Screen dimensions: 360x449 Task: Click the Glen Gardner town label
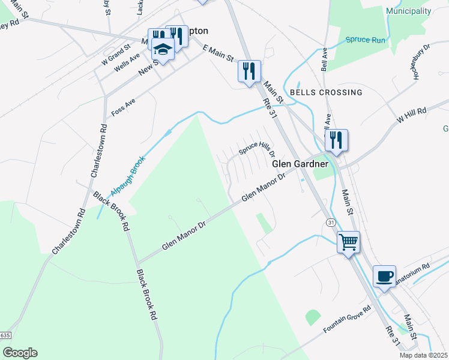click(x=300, y=164)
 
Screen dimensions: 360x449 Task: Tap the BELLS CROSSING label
click(x=326, y=92)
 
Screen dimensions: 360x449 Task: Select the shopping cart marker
click(x=348, y=242)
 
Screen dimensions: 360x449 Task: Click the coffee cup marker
click(x=384, y=276)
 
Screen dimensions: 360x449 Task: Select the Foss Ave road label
click(x=123, y=107)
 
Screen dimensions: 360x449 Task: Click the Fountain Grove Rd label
click(x=347, y=320)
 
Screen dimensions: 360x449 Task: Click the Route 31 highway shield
click(x=331, y=222)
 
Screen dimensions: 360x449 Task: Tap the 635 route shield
click(x=5, y=335)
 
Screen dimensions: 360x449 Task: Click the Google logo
click(x=20, y=353)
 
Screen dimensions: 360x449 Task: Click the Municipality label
click(x=409, y=11)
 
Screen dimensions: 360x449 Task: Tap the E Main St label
click(x=218, y=53)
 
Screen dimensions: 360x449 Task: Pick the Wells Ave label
click(x=127, y=62)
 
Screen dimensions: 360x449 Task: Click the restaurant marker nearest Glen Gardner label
click(x=336, y=140)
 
